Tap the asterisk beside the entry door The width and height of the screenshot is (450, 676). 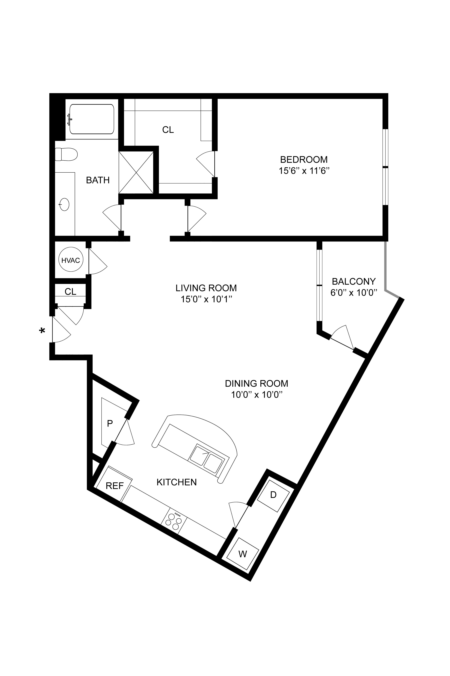(42, 331)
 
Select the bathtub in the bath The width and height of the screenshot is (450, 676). (92, 119)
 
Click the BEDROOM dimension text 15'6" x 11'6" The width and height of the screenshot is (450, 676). (304, 171)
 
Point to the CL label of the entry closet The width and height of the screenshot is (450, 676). (70, 292)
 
